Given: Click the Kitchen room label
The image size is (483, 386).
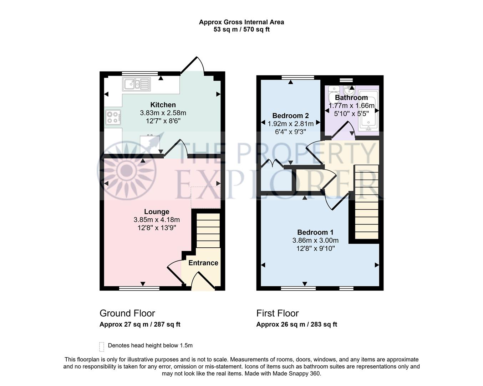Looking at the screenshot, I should coord(163,105).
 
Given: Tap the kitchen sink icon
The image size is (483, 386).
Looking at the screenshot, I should coord(136,85).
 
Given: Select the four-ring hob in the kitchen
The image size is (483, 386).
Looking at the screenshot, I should coord(113,117).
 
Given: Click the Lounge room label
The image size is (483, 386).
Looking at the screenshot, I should coord(157,212).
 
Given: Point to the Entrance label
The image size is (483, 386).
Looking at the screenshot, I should coord(203,263).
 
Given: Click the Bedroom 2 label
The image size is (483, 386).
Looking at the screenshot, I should coord(290,116).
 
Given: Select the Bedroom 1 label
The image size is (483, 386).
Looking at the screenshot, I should coord(315,232).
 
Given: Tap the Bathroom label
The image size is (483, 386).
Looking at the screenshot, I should coord(351,98).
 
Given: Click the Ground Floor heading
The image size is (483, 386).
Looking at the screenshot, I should coord(127,313).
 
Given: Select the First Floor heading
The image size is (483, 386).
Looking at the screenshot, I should coord(278,313).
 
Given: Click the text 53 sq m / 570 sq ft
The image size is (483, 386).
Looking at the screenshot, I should coord(242,30).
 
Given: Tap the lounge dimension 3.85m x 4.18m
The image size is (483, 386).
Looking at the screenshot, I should coord(157,220).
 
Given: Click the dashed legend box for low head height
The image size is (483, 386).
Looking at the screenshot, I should coord(102,346).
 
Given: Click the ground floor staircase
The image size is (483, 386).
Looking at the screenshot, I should coord(208,231).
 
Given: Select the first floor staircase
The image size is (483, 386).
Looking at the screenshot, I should coord(366,202).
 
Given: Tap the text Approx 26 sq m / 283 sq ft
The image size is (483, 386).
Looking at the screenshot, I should coord(296,325).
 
